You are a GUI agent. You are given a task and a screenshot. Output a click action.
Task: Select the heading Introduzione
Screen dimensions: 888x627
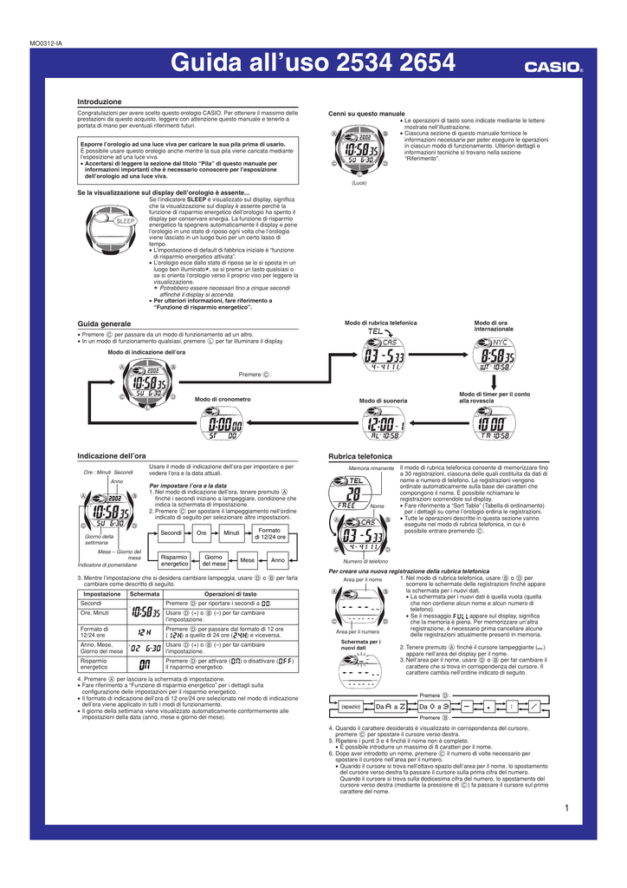(x=99, y=101)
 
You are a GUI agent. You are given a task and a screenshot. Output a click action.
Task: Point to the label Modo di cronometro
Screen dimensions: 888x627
(x=223, y=399)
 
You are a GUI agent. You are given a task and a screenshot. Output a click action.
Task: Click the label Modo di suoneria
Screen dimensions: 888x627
(x=383, y=401)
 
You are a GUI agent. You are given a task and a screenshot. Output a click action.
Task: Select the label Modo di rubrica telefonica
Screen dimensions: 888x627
(x=380, y=323)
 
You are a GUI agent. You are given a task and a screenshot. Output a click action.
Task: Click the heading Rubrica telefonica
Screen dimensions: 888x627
(x=360, y=455)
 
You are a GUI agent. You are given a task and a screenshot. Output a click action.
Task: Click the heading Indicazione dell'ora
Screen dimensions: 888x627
(x=111, y=455)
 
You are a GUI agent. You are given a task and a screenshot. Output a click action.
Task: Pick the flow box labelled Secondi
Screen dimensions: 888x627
(x=171, y=532)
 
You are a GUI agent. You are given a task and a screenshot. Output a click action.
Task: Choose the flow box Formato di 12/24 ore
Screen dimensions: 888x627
(x=270, y=532)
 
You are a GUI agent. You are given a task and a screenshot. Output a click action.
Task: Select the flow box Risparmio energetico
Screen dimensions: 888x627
(x=174, y=560)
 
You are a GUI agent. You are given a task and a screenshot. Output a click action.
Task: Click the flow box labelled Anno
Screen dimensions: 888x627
(x=277, y=560)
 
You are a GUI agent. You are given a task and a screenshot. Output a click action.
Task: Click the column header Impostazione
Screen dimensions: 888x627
(x=101, y=593)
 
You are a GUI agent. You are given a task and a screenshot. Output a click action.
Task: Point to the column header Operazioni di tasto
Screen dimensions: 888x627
(x=231, y=593)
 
